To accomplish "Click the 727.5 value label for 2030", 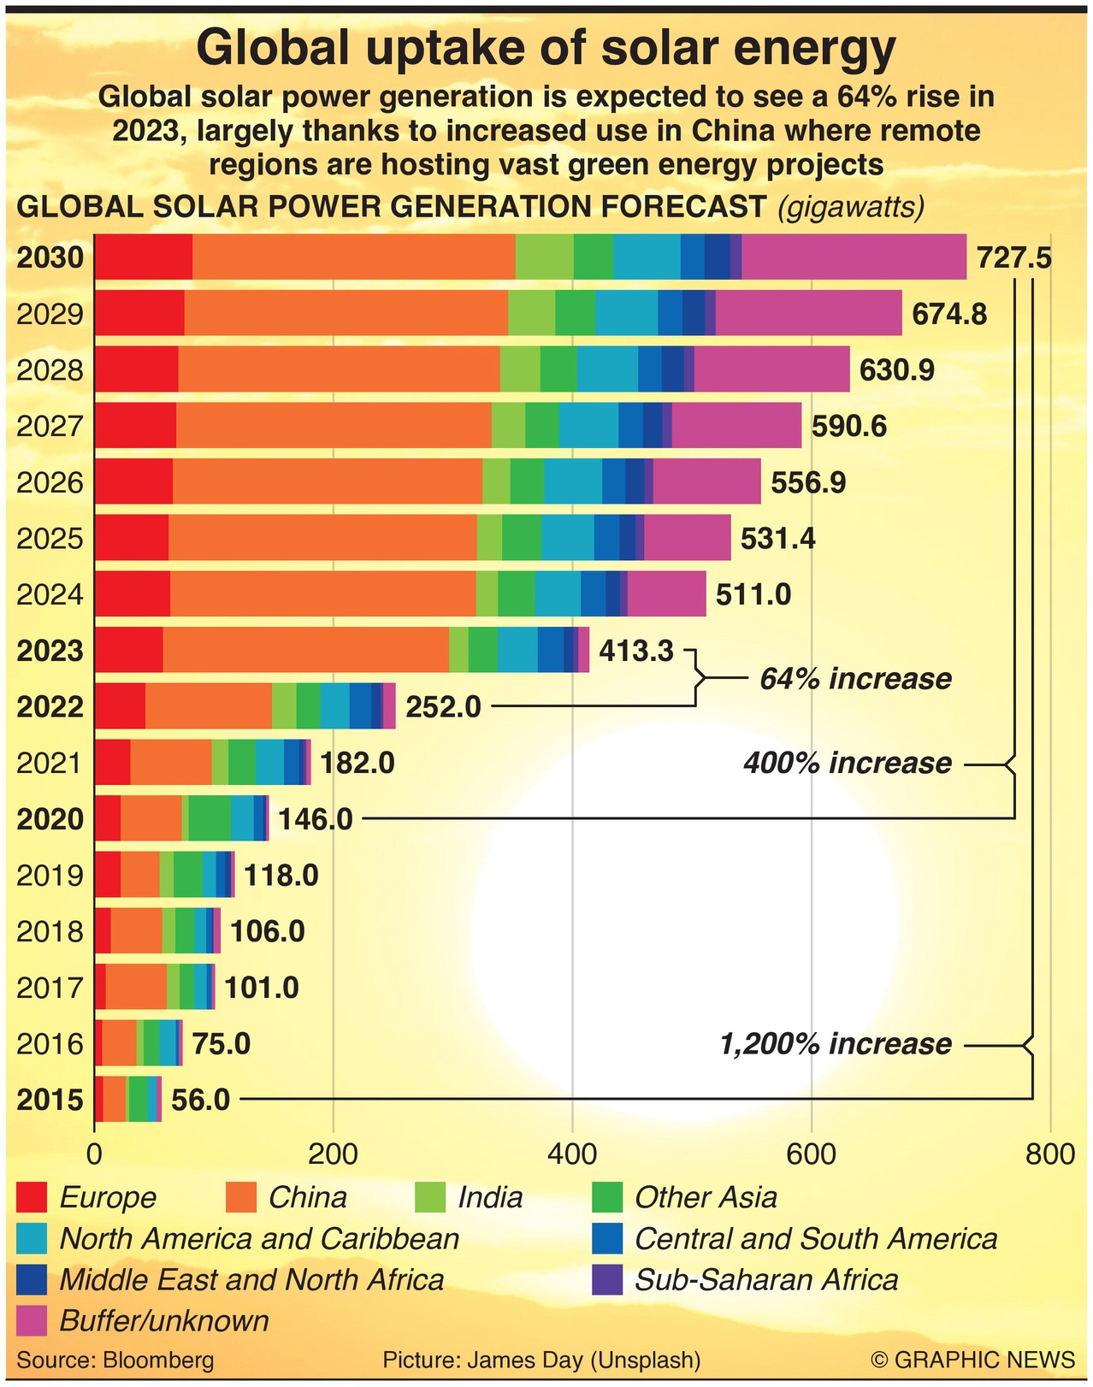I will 1014,257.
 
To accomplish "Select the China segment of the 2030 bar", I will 353,257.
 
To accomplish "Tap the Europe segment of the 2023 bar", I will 128,650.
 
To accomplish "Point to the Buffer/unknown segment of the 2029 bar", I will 808,313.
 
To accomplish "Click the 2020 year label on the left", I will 50,819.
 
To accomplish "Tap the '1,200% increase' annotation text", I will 836,1044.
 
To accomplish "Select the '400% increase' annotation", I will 848,763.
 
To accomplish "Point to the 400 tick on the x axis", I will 571,1154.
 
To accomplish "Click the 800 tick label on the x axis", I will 1049,1154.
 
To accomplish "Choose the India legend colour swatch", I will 431,1197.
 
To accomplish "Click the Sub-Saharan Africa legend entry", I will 766,1280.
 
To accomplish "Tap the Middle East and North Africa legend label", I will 251,1280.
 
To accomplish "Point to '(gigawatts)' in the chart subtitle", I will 850,207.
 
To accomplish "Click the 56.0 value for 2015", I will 200,1100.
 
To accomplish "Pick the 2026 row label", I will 50,483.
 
